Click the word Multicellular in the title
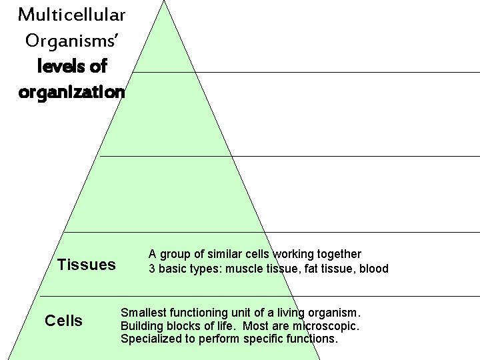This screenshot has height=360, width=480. click(71, 14)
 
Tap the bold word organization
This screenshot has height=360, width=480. click(71, 92)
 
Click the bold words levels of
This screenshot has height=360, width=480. click(72, 67)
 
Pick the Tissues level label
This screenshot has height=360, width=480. click(86, 265)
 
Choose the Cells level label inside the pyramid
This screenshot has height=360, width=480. click(63, 321)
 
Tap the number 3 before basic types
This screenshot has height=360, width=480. click(152, 269)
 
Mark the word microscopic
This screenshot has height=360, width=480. click(325, 326)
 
